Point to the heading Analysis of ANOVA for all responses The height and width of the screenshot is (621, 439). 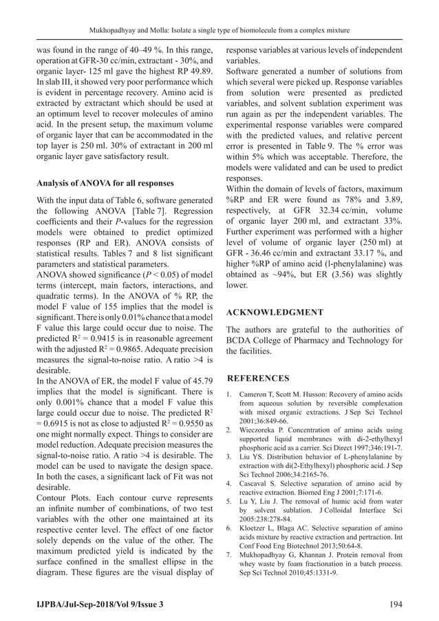pyautogui.click(x=105, y=184)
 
